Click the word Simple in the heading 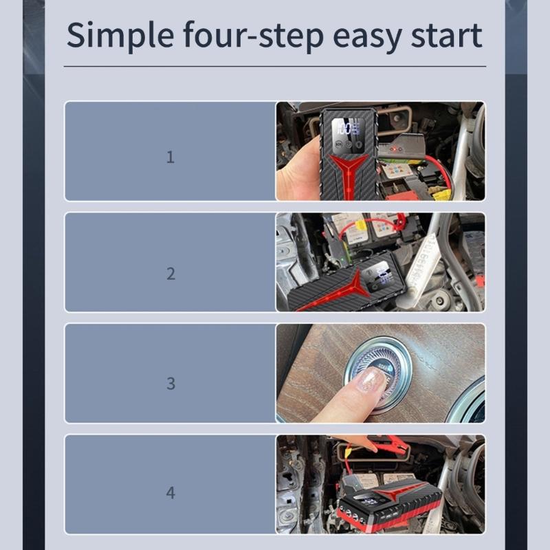tap(120, 36)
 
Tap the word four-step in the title tap(253, 35)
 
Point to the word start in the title tap(447, 36)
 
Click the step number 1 tap(170, 157)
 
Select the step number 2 tap(170, 274)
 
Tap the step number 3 tap(170, 384)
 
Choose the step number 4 tap(170, 493)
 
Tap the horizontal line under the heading tap(275, 66)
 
